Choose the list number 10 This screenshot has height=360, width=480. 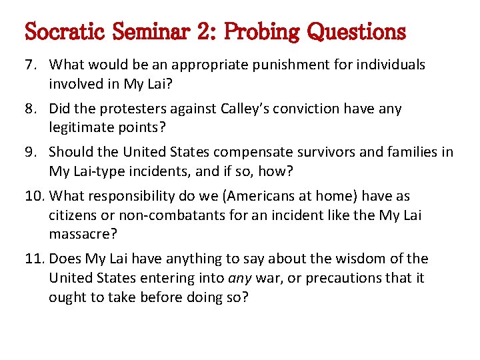pyautogui.click(x=32, y=197)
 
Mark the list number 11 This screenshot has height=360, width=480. pyautogui.click(x=32, y=259)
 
